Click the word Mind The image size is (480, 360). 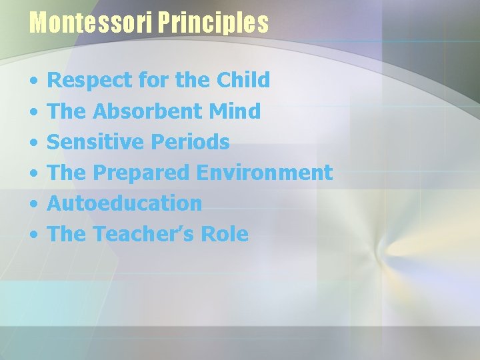point(235,111)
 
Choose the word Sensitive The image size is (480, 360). point(96,142)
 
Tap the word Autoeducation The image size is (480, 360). point(125,203)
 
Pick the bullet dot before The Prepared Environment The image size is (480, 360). point(33,174)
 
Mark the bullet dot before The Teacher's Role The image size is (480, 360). point(33,235)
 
